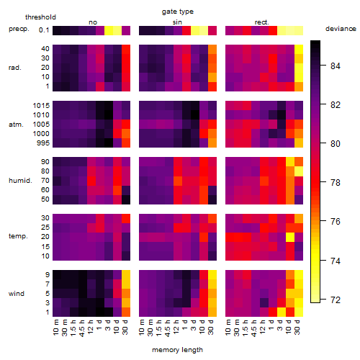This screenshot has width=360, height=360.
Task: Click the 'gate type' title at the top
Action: click(x=178, y=12)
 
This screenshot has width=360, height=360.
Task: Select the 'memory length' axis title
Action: click(x=177, y=350)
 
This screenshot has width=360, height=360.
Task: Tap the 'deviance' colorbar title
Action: click(x=341, y=29)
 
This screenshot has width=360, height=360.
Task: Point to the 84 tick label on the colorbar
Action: click(x=336, y=66)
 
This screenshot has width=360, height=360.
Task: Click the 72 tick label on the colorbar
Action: click(x=336, y=300)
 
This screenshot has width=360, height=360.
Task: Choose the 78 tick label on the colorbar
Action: click(x=336, y=183)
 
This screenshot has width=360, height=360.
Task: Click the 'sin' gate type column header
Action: click(x=177, y=22)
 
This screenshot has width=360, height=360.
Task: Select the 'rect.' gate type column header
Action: click(x=261, y=22)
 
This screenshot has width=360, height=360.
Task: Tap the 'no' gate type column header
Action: click(x=93, y=22)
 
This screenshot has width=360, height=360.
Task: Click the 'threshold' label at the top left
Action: click(x=40, y=17)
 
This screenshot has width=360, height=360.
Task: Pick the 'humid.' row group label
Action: click(x=20, y=180)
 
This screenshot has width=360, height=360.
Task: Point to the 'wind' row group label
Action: click(x=17, y=294)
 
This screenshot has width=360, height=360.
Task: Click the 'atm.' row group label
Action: click(x=16, y=125)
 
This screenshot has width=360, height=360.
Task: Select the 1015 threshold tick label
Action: click(x=41, y=105)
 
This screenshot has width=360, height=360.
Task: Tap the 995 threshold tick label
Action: click(x=43, y=143)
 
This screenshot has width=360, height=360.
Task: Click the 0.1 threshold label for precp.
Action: click(x=44, y=30)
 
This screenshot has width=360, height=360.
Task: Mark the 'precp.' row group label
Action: click(x=19, y=29)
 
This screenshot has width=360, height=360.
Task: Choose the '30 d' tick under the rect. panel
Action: click(x=297, y=327)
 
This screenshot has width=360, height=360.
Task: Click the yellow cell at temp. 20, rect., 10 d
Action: click(x=290, y=238)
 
